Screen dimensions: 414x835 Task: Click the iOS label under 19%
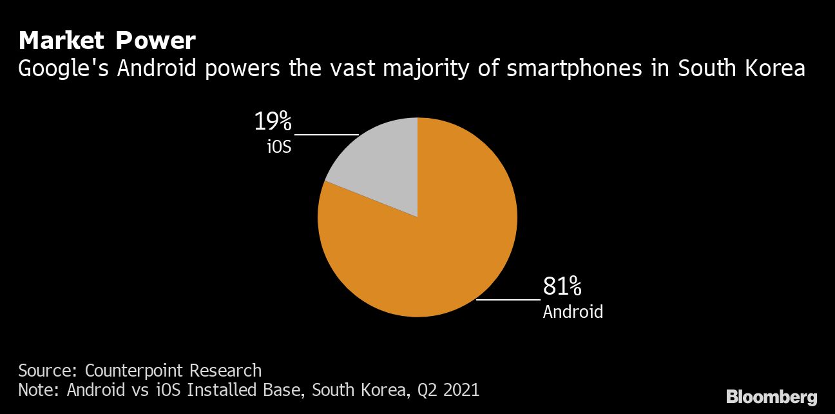pyautogui.click(x=280, y=146)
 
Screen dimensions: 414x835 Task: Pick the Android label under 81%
pyautogui.click(x=573, y=311)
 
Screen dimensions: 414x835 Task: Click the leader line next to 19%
pyautogui.click(x=326, y=135)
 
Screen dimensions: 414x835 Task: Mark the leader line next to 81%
pyautogui.click(x=508, y=300)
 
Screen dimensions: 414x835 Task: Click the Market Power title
pyautogui.click(x=107, y=41)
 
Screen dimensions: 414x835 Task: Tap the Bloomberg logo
pyautogui.click(x=771, y=397)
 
